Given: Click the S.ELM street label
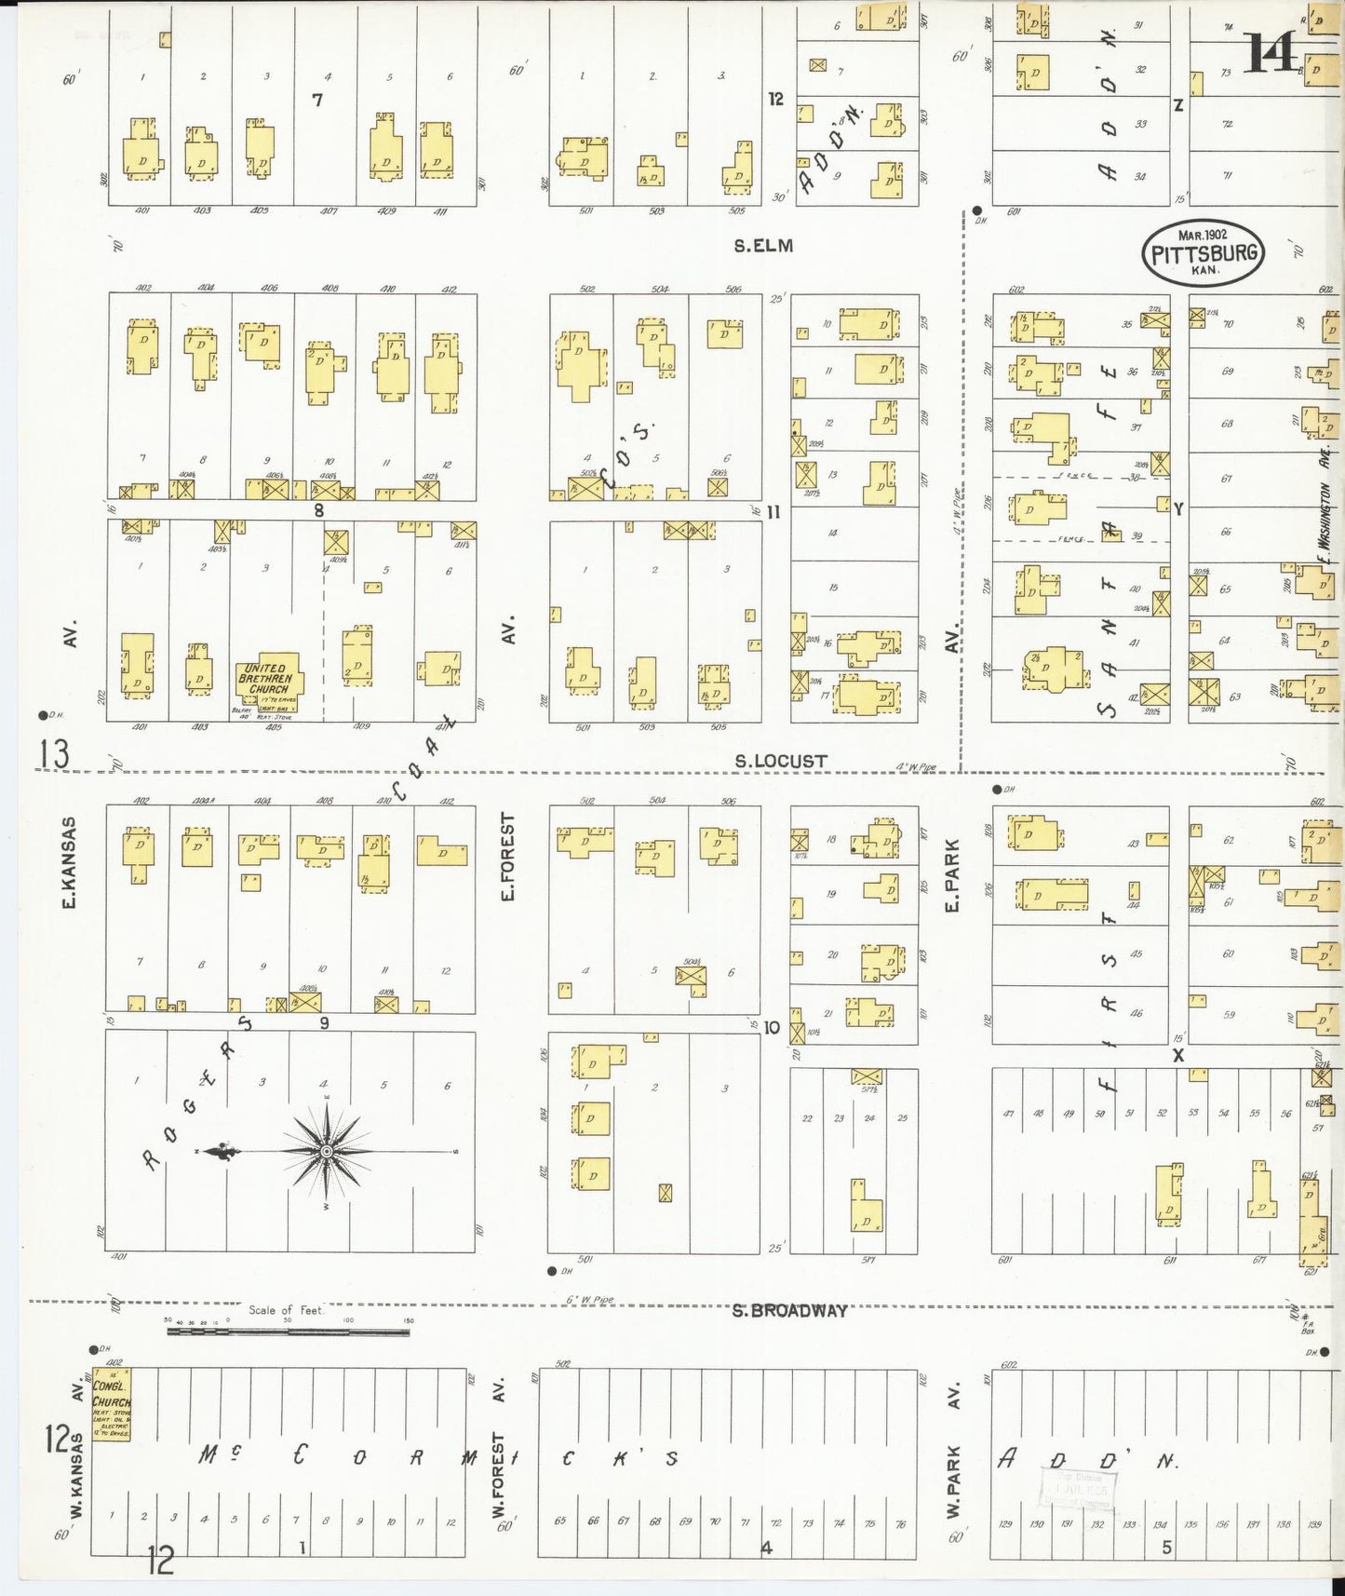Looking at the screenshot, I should coord(762,246).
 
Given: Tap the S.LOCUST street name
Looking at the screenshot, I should coord(780,761).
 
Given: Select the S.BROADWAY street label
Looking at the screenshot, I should coord(788,1310).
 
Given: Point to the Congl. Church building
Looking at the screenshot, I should coord(112,1404).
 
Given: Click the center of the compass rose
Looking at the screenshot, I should coord(327,1153).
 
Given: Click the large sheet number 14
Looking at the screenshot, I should coord(1271,53).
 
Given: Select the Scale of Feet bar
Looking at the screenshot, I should coord(289,1332).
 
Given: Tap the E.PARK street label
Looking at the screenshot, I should coord(952,875).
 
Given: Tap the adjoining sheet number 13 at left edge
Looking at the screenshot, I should coord(53,754).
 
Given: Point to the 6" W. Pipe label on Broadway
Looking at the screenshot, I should coord(589,1300).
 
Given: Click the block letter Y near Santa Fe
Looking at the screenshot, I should coord(1177,509).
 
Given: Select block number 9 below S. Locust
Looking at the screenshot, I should coord(324,1023).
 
